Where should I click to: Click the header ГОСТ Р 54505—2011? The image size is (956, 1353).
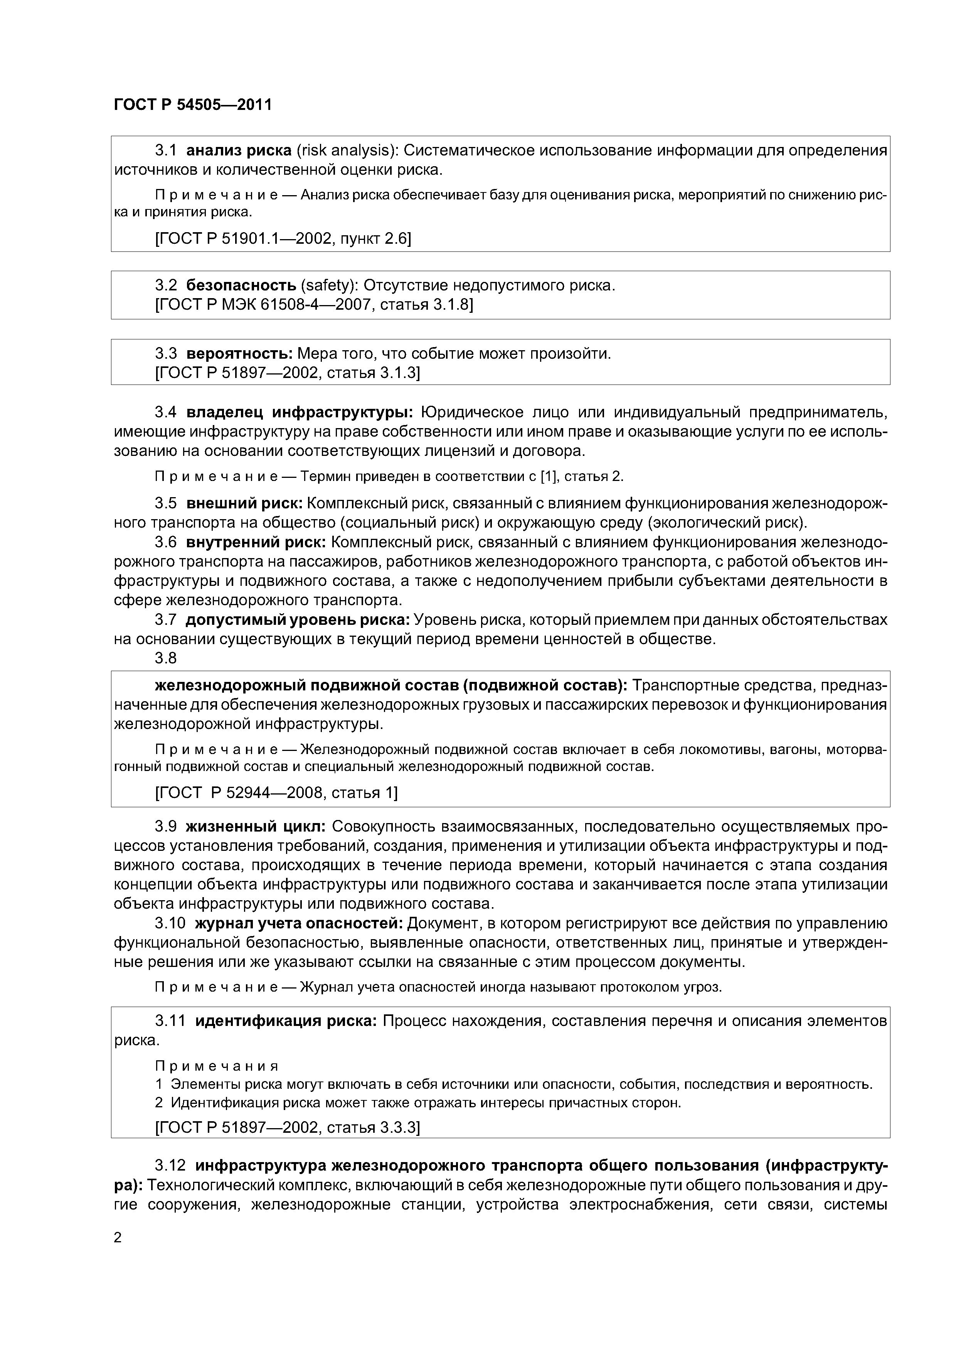(193, 105)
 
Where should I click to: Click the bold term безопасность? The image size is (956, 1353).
(241, 286)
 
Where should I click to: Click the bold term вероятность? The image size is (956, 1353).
(239, 354)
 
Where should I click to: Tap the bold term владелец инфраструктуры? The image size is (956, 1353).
(300, 411)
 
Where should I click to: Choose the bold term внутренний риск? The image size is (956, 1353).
(256, 542)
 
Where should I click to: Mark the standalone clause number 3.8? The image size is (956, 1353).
(165, 658)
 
